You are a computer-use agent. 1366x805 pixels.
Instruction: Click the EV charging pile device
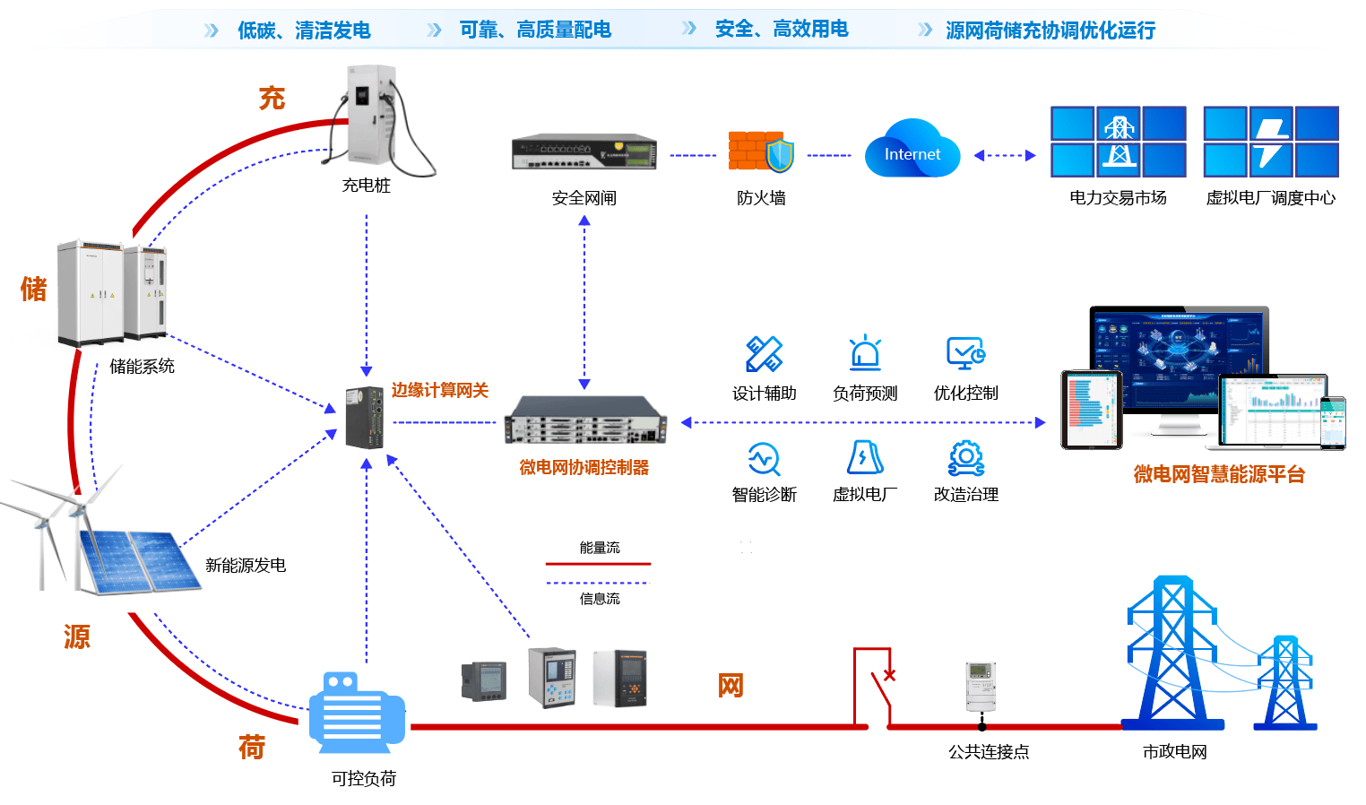coord(372,117)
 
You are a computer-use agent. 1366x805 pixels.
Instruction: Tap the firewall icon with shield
coord(760,152)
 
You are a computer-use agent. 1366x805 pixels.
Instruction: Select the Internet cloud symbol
coord(912,151)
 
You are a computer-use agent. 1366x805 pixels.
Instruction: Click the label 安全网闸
coord(584,198)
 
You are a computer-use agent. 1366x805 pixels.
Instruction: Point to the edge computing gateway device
coord(366,418)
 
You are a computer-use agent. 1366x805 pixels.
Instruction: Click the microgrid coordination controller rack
coord(584,421)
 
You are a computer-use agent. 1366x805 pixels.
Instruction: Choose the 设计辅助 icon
coord(764,354)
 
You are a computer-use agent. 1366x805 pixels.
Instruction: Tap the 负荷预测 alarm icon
coord(865,353)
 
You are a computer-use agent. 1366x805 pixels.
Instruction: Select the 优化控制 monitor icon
coord(966,353)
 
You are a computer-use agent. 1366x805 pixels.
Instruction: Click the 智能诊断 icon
coord(764,458)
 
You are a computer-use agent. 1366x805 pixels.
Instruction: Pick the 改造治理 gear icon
coord(966,457)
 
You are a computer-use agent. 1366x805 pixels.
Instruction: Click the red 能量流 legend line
coord(598,564)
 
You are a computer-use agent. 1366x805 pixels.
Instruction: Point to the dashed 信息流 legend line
coord(598,583)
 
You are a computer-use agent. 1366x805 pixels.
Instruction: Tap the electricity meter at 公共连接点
coord(981,687)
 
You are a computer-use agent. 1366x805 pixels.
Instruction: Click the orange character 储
coord(34,289)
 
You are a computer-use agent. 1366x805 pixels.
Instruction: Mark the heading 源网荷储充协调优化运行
coord(1050,30)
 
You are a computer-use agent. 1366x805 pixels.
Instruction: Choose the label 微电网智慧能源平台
coord(1219,474)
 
